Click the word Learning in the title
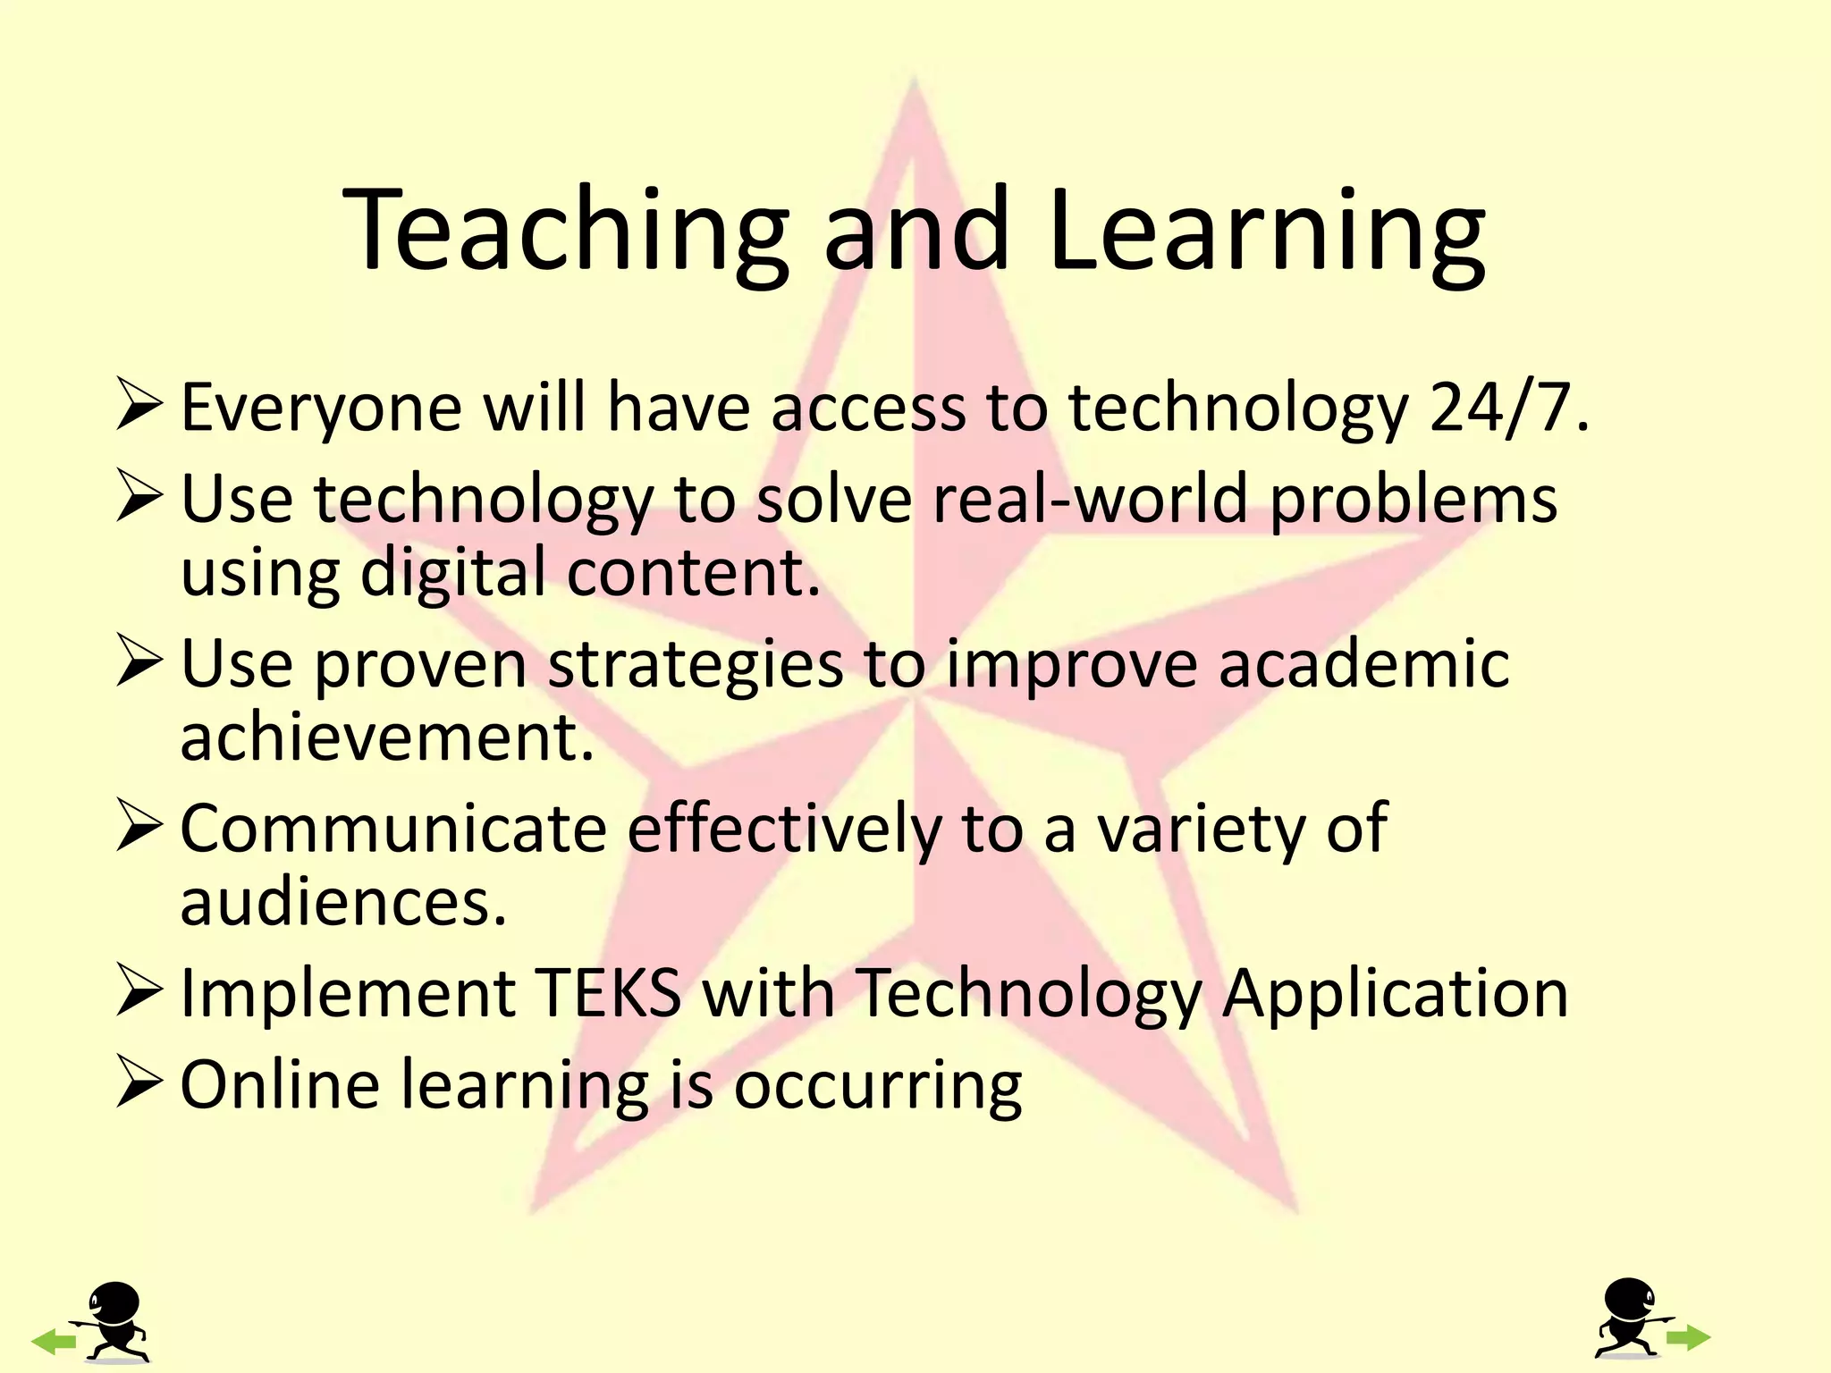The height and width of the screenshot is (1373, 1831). pyautogui.click(x=1267, y=230)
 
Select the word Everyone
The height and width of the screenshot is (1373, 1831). pyautogui.click(x=321, y=408)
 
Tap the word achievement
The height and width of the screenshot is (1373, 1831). pyautogui.click(x=387, y=738)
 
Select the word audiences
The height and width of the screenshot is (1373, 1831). pyautogui.click(x=343, y=902)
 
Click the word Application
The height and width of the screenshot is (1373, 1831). pyautogui.click(x=1395, y=994)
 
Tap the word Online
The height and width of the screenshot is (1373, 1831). pyautogui.click(x=280, y=1084)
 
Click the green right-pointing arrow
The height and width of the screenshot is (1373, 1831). pyautogui.click(x=1689, y=1338)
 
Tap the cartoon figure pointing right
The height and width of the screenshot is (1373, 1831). pyautogui.click(x=1629, y=1318)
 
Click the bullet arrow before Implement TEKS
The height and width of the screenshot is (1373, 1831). pyautogui.click(x=139, y=995)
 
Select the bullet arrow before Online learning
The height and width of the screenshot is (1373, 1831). pyautogui.click(x=139, y=1085)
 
